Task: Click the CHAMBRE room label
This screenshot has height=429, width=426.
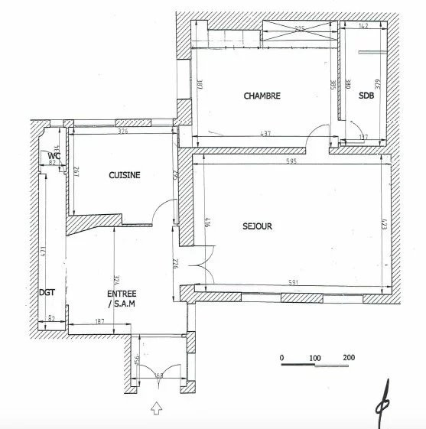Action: [262, 96]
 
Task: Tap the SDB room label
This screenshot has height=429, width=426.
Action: [367, 96]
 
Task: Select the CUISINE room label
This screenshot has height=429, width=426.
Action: [124, 175]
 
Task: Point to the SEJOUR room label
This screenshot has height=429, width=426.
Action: [258, 226]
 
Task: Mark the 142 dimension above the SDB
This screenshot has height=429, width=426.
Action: [363, 27]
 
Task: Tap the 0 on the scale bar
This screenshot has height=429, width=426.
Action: [281, 358]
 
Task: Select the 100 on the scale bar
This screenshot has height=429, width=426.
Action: [314, 358]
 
